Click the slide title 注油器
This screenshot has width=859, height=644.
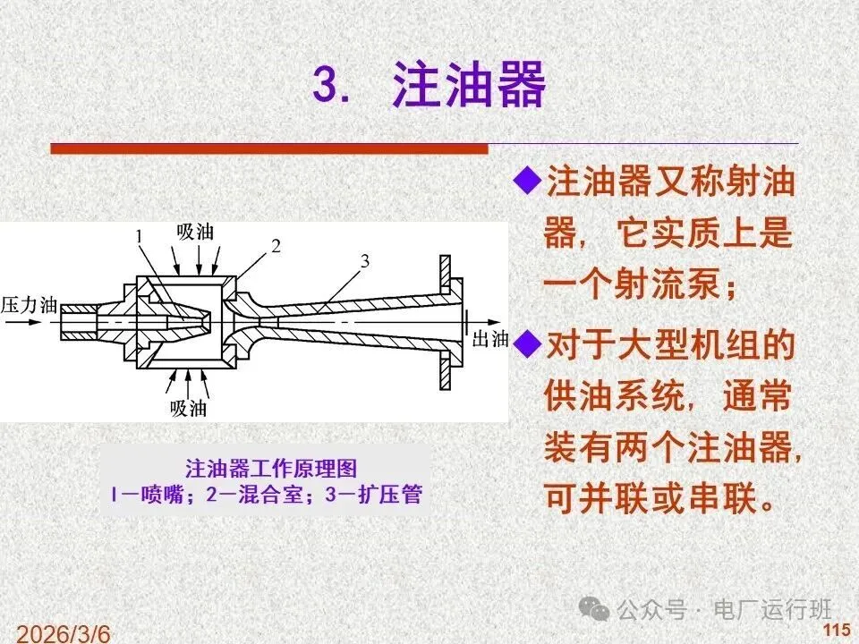click(468, 84)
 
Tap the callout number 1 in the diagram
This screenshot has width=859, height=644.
click(140, 236)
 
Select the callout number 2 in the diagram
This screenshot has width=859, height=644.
click(276, 246)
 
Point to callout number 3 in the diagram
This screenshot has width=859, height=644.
click(365, 261)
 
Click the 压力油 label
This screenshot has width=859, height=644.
click(29, 305)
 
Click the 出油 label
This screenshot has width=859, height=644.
click(490, 339)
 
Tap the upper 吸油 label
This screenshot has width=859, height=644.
click(195, 232)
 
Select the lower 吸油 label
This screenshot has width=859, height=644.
click(188, 408)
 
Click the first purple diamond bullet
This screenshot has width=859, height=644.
click(527, 180)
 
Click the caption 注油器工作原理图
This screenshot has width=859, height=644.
click(271, 469)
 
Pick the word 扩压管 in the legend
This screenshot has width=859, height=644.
click(389, 495)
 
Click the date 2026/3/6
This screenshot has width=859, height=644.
click(63, 633)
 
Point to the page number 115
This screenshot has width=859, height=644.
click(837, 631)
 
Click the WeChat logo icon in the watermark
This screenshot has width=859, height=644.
click(595, 608)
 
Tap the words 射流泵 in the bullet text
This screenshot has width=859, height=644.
click(666, 284)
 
